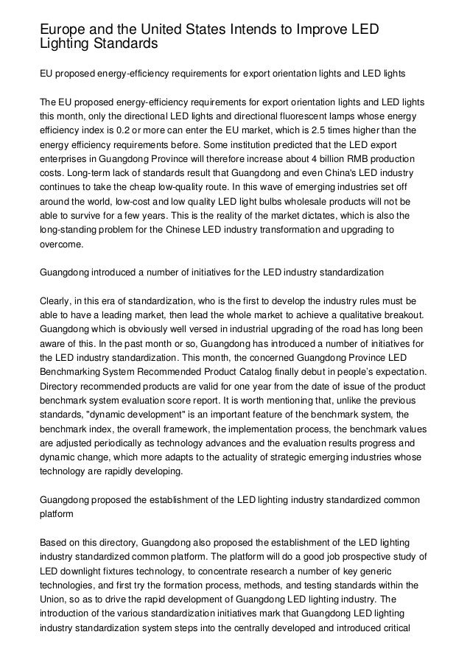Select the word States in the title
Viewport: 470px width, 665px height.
click(x=206, y=29)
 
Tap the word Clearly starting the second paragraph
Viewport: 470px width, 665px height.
click(x=59, y=301)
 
